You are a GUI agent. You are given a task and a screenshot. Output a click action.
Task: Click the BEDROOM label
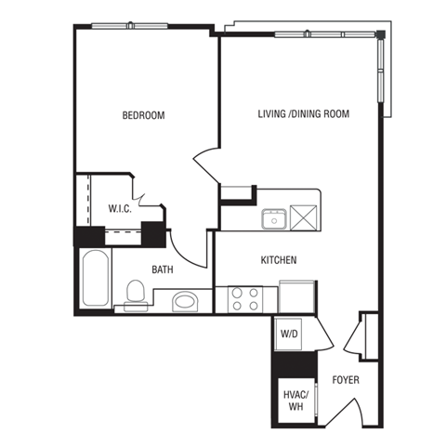click(143, 116)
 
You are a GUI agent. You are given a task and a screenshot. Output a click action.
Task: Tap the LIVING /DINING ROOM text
click(303, 115)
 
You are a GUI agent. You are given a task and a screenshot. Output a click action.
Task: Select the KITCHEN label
click(278, 260)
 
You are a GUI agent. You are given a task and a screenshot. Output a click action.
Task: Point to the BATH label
click(163, 270)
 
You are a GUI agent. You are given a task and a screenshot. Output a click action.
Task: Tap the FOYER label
click(345, 381)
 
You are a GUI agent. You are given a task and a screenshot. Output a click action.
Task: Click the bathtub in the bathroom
click(94, 278)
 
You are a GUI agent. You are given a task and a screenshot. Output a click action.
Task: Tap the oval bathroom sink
click(186, 301)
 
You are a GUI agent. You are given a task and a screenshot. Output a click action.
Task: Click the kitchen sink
click(273, 218)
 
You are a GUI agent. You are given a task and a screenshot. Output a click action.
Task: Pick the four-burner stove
click(246, 299)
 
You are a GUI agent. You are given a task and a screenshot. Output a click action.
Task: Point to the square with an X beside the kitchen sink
click(304, 217)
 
